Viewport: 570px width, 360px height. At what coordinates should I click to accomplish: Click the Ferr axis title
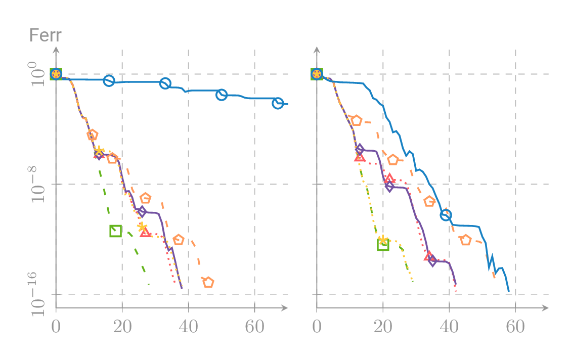click(x=45, y=36)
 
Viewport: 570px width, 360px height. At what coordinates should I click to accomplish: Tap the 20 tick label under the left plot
click(x=122, y=327)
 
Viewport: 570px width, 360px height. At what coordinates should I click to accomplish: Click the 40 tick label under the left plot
click(x=188, y=327)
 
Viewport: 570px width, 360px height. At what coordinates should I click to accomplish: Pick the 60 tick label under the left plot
click(x=254, y=327)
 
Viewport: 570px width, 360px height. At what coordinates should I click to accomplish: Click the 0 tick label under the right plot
click(x=317, y=327)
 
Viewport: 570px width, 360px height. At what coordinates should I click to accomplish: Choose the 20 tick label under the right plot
click(x=383, y=327)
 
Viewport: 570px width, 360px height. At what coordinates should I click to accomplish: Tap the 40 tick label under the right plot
click(x=449, y=327)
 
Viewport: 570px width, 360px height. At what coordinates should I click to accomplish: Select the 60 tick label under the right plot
click(x=515, y=327)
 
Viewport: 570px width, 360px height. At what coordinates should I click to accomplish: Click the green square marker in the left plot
click(x=115, y=231)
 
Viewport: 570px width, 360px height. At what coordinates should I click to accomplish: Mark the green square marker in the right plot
click(x=383, y=245)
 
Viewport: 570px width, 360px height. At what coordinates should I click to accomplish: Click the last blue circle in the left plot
click(x=278, y=103)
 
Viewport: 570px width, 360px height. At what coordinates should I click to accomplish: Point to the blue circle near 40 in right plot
click(x=446, y=215)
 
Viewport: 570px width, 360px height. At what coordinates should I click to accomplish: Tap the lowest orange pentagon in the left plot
click(x=208, y=282)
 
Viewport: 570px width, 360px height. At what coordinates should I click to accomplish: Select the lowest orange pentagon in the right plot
click(x=466, y=240)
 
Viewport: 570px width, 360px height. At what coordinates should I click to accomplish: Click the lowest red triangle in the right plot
click(x=429, y=256)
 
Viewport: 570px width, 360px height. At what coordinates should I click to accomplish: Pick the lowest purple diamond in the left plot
click(x=142, y=211)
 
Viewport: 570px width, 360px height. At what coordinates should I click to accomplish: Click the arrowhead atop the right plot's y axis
click(x=317, y=49)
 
